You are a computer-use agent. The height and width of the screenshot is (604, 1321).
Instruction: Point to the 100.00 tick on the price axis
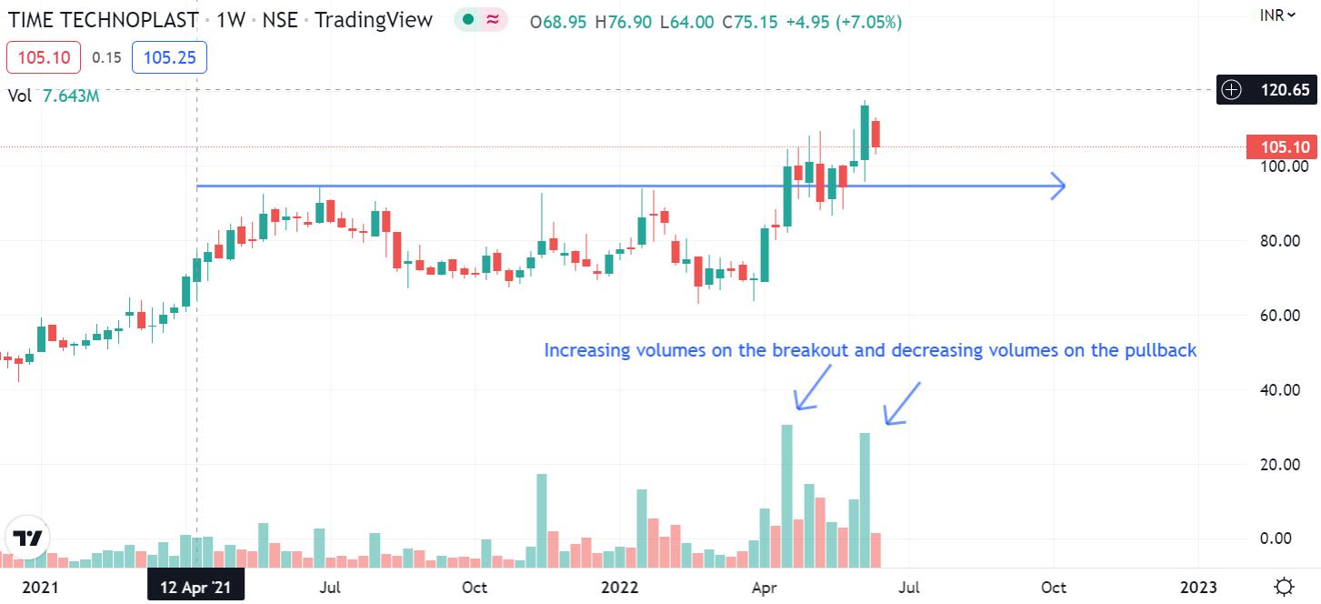pos(1284,166)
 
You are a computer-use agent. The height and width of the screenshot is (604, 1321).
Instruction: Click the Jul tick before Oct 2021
pos(330,587)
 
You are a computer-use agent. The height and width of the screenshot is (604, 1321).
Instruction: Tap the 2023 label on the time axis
pos(1197,587)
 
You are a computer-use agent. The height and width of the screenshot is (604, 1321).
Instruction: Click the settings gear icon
pos(1284,586)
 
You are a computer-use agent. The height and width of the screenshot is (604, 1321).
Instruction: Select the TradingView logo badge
pos(29,538)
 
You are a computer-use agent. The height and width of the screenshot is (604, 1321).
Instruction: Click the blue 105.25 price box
pos(169,58)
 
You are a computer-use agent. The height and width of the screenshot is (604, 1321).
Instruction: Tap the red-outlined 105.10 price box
pos(44,58)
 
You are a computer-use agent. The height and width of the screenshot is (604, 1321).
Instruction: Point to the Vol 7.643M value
pos(71,96)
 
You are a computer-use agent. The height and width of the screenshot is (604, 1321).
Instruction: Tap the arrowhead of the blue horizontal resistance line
pos(1057,186)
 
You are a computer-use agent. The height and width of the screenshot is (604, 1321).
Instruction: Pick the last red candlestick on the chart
pos(876,134)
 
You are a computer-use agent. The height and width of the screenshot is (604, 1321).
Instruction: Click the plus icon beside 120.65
pos(1231,90)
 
